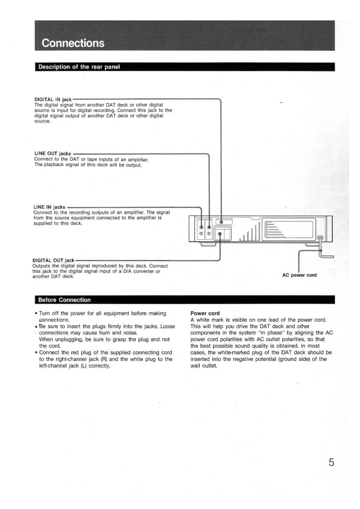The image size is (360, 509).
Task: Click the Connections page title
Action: coord(73,43)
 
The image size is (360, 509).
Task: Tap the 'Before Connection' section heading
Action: coord(64,300)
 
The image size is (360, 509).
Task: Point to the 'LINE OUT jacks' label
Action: coord(53,154)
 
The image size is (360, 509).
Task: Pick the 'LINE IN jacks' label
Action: coord(49,207)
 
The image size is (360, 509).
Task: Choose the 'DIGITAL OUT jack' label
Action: coord(53,260)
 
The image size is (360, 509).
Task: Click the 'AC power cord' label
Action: coord(299,275)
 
